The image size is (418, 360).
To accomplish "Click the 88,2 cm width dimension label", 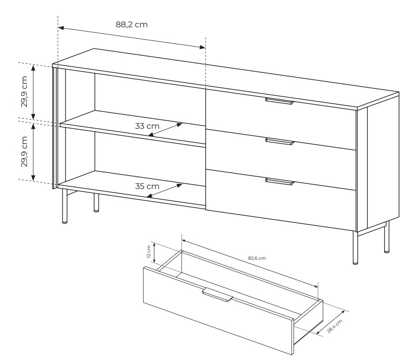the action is click(x=131, y=25).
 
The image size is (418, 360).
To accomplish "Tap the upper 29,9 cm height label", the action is click(x=24, y=91).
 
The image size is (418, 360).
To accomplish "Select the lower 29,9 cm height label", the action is click(x=24, y=152).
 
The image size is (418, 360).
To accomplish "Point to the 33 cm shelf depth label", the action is click(x=147, y=126).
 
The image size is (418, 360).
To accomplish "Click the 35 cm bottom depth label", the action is click(x=147, y=186).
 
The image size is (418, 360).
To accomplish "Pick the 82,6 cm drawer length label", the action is click(x=257, y=258).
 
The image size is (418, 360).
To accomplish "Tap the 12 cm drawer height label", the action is click(x=149, y=252).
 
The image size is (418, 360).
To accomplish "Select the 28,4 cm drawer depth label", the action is click(x=334, y=326).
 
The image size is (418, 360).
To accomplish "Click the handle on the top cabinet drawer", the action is click(x=280, y=101).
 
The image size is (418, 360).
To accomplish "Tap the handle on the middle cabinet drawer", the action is click(x=280, y=142).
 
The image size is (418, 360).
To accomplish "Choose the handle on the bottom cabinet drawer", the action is click(x=280, y=182).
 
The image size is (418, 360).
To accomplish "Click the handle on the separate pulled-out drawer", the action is click(x=218, y=295).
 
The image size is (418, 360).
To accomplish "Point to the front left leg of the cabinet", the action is click(x=65, y=206).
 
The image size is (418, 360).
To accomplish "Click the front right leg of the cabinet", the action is click(x=355, y=248).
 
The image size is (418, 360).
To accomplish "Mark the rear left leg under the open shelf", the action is click(x=96, y=203).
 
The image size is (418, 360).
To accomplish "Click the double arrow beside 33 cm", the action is click(x=165, y=130).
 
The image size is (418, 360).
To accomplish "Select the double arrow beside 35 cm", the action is click(x=164, y=190).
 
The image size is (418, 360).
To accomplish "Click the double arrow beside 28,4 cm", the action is click(x=331, y=322).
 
